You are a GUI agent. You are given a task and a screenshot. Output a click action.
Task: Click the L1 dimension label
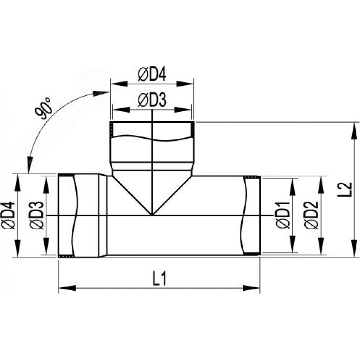click(x=159, y=279)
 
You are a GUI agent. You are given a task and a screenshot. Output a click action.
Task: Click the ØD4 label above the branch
click(x=152, y=74)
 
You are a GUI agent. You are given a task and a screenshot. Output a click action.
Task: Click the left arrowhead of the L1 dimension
click(x=67, y=288)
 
